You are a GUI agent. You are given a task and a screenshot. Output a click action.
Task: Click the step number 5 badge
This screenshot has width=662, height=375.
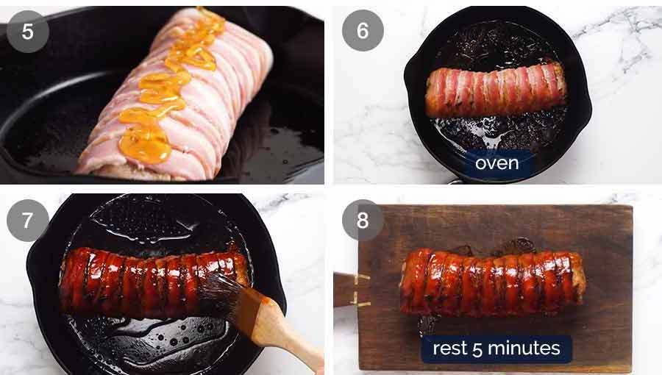point(27,32)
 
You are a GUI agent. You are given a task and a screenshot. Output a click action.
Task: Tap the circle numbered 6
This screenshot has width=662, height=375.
point(363,30)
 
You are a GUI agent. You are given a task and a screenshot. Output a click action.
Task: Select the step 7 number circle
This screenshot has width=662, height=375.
point(27,221)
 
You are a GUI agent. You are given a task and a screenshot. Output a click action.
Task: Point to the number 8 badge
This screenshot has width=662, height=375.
point(363,220)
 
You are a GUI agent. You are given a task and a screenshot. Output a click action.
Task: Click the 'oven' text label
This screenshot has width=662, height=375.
point(497,163)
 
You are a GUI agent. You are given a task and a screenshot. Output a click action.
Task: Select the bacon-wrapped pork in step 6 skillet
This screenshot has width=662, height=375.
point(495,91)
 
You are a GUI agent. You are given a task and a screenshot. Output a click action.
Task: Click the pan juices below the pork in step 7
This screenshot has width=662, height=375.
point(147,338)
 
